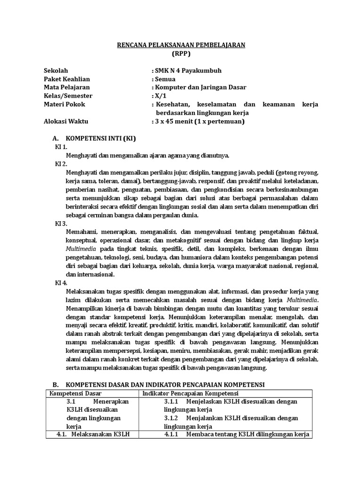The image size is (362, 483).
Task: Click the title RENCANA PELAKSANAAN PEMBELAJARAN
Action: (x=181, y=45)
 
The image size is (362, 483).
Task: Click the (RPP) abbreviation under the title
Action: (x=181, y=53)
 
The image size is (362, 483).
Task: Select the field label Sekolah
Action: (x=55, y=71)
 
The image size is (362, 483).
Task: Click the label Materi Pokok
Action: (x=64, y=104)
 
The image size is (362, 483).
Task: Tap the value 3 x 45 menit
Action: (x=178, y=121)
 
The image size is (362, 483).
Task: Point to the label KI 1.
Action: (x=61, y=147)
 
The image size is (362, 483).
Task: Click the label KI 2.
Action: (x=61, y=164)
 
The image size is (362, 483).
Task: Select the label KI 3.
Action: (x=61, y=223)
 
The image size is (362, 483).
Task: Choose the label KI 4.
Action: (x=61, y=283)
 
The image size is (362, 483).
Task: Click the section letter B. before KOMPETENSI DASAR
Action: (x=55, y=385)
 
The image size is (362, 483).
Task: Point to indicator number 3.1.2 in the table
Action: (x=172, y=418)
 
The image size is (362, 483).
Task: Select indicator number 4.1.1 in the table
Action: (x=172, y=434)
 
